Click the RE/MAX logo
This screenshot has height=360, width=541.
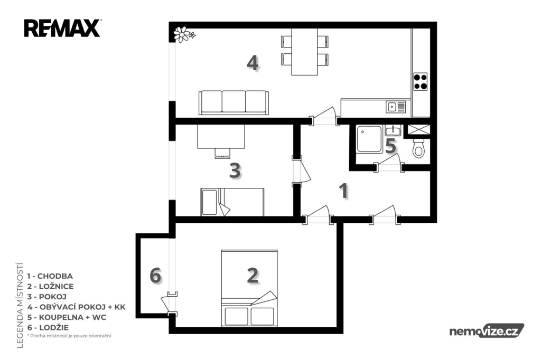point(62,29)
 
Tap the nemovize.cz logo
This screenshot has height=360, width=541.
point(487,331)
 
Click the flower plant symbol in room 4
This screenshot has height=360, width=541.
point(183,34)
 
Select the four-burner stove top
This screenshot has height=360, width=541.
point(420,82)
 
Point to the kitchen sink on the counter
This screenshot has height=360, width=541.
point(396,107)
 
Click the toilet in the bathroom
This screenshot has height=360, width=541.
point(419,148)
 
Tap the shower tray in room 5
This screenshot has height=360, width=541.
point(369,139)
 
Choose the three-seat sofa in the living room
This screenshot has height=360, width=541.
point(234,102)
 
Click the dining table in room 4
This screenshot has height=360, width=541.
point(304,52)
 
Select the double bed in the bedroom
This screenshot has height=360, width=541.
point(249,288)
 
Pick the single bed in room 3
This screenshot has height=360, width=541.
point(232,202)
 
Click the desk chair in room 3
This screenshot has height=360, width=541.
point(222,153)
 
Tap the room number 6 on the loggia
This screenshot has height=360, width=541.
point(156,276)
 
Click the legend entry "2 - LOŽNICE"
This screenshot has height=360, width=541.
point(50,286)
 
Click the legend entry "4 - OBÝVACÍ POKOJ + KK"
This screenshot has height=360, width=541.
point(77,307)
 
